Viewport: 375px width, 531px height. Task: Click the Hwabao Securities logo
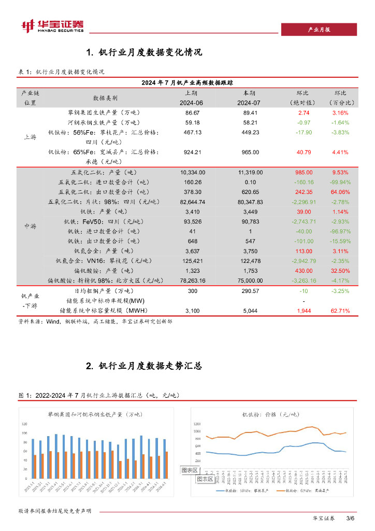point(51,26)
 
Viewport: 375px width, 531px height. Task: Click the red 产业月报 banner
point(319,30)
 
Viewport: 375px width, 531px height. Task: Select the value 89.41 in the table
point(250,113)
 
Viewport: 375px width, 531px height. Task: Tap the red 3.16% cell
point(340,113)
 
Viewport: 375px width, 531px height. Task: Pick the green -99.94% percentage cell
point(340,182)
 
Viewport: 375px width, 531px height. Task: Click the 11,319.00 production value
point(250,172)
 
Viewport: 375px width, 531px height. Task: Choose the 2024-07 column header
point(250,103)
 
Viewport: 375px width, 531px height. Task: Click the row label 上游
point(30,137)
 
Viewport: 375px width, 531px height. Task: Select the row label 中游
point(30,226)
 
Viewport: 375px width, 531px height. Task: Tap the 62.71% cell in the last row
point(340,311)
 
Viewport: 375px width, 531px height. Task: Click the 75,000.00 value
point(250,281)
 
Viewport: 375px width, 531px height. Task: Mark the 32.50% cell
point(340,271)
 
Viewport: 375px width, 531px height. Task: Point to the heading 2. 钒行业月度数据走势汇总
point(142,366)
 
